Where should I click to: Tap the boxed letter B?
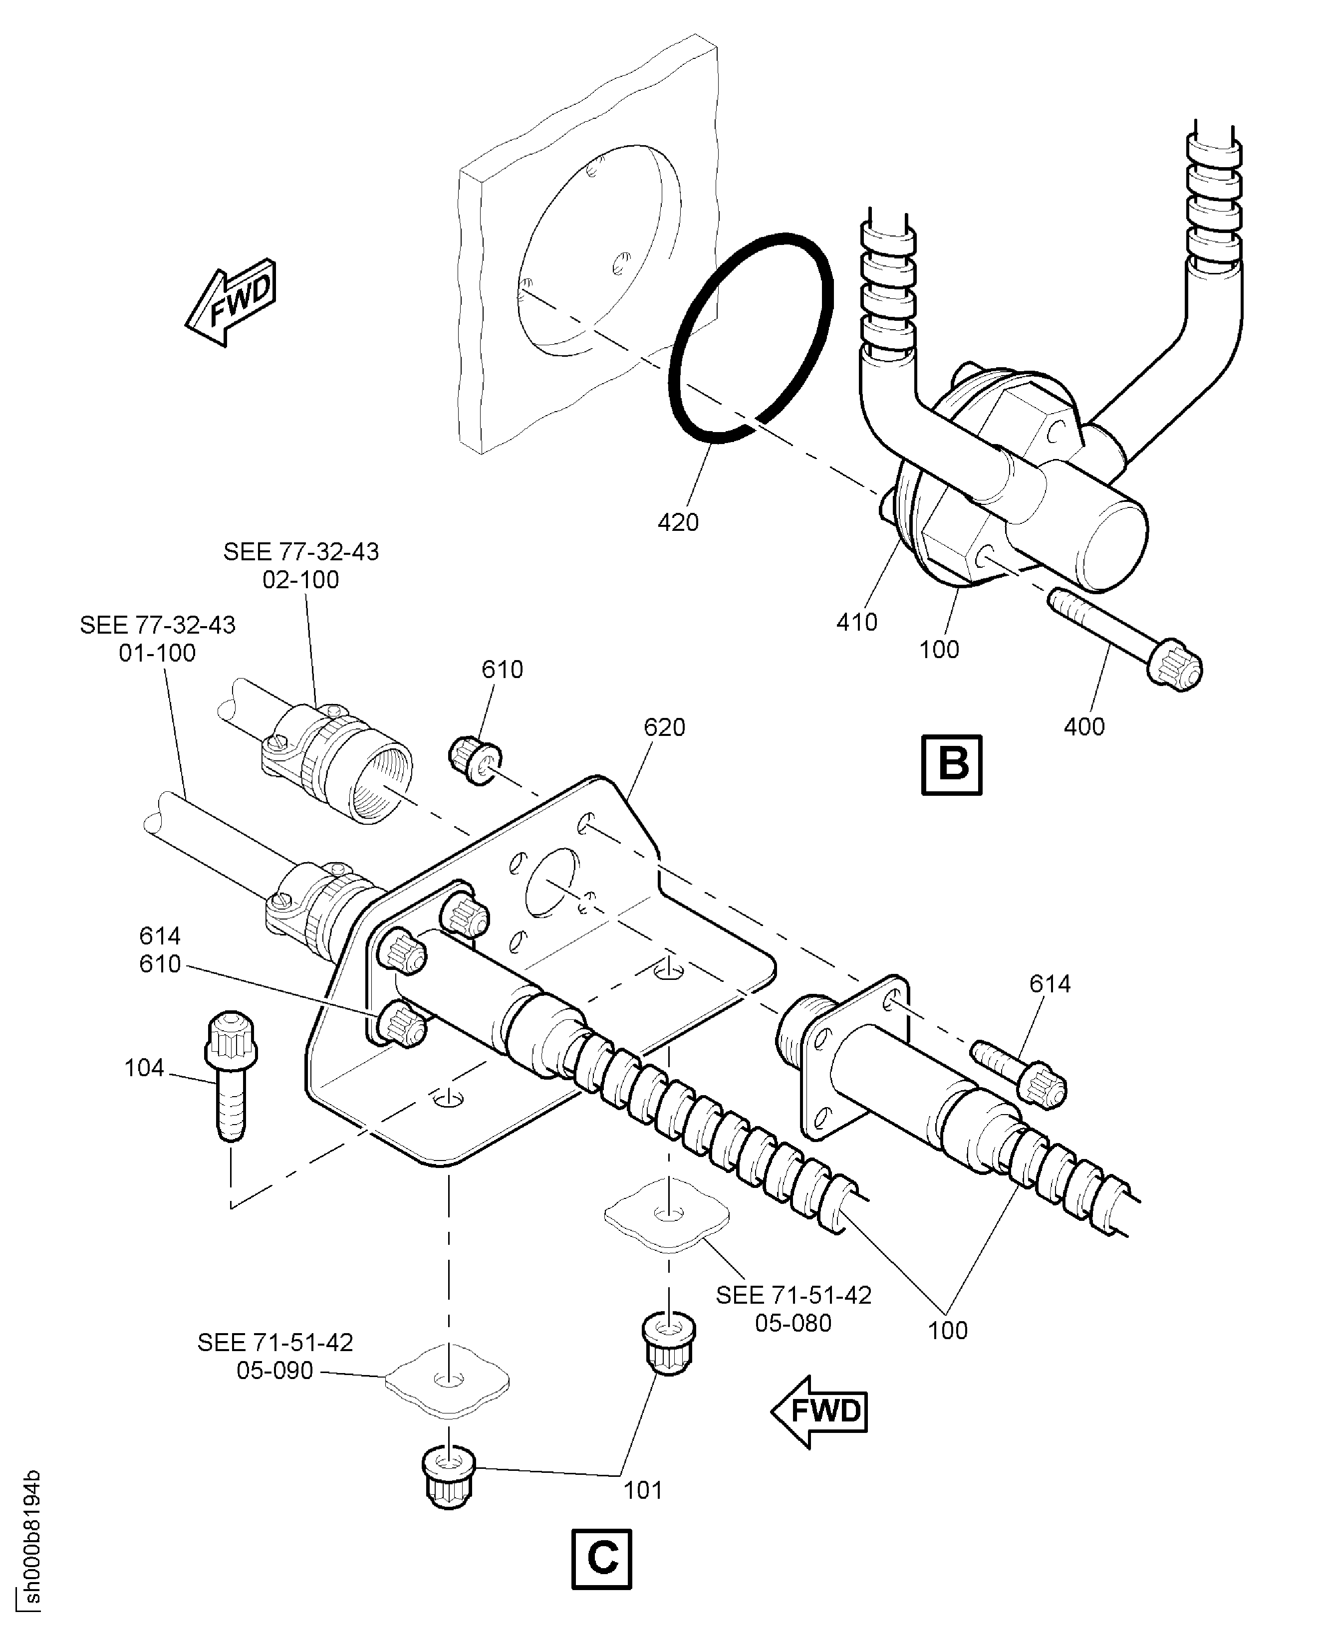(951, 764)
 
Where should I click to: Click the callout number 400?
(1083, 726)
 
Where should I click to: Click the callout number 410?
(857, 622)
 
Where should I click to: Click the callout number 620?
(664, 727)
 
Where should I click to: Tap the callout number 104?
(144, 1068)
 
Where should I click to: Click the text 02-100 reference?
(300, 580)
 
